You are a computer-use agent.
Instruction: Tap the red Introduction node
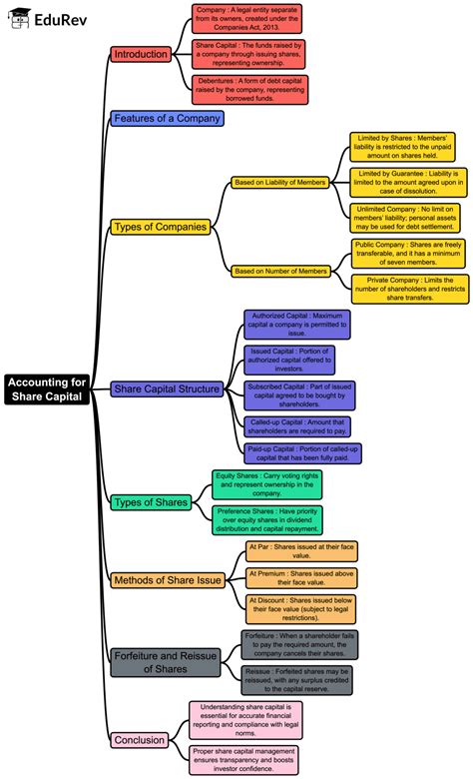(141, 54)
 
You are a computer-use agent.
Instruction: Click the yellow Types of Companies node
(161, 227)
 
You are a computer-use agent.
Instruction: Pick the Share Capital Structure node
(168, 389)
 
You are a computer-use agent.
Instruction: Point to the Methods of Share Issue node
(168, 580)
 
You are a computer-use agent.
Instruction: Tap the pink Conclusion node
(140, 740)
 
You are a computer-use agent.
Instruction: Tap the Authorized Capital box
(296, 324)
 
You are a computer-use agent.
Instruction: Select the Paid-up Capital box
(302, 453)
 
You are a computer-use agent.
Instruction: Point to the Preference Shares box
(267, 519)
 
